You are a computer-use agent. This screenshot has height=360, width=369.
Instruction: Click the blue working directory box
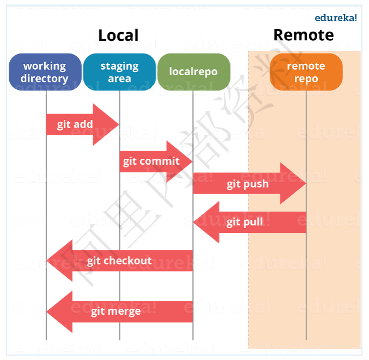[x=45, y=72]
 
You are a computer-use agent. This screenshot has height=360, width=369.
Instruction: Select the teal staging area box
[x=119, y=72]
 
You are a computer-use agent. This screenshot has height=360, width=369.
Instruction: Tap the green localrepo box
[x=193, y=72]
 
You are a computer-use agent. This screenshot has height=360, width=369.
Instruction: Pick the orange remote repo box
[x=306, y=72]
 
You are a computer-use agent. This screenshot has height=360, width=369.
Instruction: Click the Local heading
[x=118, y=35]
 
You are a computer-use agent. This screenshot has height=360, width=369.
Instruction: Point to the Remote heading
[x=303, y=35]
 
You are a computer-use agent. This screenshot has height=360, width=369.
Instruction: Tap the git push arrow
[x=248, y=184]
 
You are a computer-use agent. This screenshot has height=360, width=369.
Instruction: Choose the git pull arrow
[x=245, y=222]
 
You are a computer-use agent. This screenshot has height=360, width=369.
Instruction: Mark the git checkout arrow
[x=120, y=261]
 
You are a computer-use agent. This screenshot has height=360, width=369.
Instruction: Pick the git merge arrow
[x=116, y=311]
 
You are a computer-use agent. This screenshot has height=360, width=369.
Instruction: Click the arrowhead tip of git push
[x=305, y=184]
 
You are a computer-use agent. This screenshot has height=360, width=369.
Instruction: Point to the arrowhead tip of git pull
[x=195, y=222]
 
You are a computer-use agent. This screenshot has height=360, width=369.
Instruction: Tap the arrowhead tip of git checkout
[x=48, y=261]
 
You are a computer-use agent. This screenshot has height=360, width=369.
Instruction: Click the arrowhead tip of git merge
[x=48, y=311]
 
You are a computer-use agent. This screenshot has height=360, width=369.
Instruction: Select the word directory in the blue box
[x=45, y=78]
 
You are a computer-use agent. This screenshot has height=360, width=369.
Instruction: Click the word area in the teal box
[x=119, y=78]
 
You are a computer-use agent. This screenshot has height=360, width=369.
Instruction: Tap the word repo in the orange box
[x=306, y=78]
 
